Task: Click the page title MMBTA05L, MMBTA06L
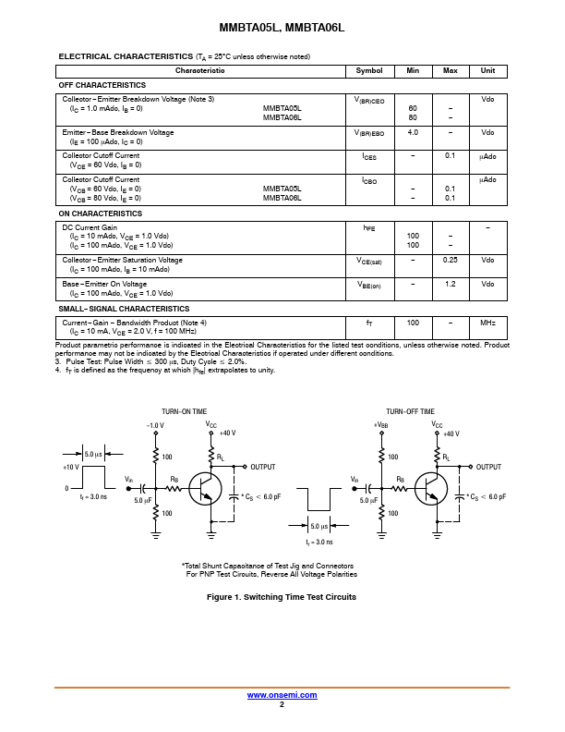(282, 29)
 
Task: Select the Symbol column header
(368, 71)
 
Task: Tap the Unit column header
(487, 71)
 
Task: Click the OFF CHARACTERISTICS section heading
(102, 85)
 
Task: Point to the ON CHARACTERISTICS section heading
(101, 213)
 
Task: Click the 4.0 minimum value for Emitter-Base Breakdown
(413, 132)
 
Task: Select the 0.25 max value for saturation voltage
(450, 260)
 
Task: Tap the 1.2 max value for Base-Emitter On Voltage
(450, 284)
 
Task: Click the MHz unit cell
(487, 323)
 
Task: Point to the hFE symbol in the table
(368, 226)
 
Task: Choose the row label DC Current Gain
(90, 226)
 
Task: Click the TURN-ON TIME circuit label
(184, 411)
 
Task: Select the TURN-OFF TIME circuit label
(410, 411)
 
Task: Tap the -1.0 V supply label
(154, 425)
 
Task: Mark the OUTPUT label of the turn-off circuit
(488, 467)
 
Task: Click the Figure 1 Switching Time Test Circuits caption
(282, 597)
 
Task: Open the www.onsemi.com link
(282, 695)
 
